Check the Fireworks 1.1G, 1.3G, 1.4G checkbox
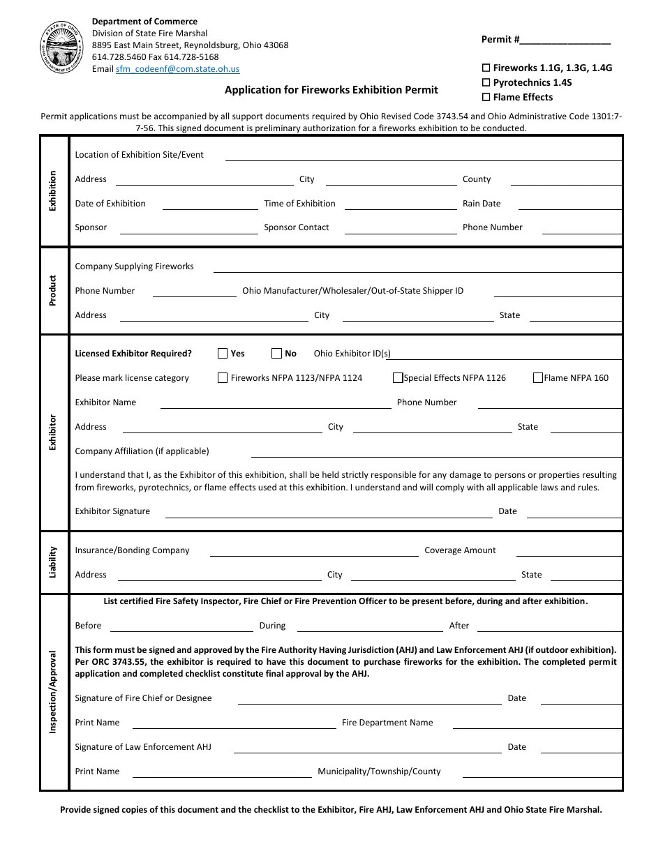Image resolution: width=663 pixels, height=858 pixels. [x=486, y=68]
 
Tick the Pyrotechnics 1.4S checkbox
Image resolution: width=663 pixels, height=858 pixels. [x=486, y=83]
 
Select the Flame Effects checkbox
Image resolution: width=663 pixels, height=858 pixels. [x=486, y=98]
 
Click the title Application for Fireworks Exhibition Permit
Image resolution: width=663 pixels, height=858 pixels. [x=331, y=89]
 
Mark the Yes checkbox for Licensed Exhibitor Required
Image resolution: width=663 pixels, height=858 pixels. [x=223, y=354]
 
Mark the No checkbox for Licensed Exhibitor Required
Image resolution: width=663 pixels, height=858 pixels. [x=276, y=354]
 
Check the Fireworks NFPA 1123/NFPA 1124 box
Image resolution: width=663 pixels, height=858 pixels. [x=223, y=378]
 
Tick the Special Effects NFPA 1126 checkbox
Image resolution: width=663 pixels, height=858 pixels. [x=398, y=378]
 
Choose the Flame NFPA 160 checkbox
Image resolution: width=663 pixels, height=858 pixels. [x=537, y=378]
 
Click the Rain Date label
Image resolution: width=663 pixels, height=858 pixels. [x=482, y=204]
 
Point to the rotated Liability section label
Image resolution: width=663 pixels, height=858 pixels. [x=53, y=562]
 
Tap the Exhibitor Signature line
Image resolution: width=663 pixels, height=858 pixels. [x=328, y=515]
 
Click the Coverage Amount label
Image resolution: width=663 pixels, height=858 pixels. [x=460, y=550]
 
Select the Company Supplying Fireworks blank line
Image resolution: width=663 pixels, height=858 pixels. [x=417, y=269]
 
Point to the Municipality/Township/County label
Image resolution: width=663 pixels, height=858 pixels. [x=379, y=772]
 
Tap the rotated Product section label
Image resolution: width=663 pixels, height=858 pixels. [x=53, y=291]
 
